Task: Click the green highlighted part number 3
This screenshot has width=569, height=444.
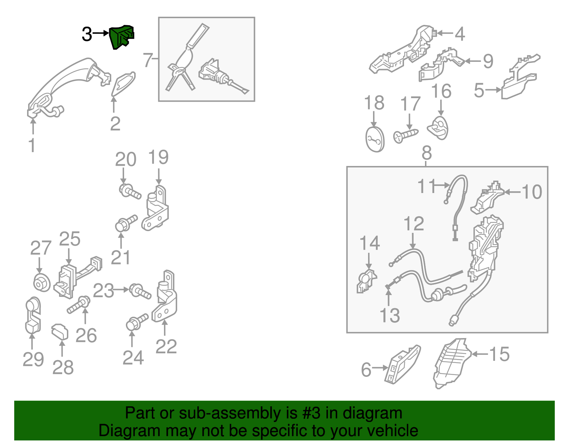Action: pos(121,37)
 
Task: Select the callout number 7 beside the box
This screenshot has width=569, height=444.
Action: pos(148,60)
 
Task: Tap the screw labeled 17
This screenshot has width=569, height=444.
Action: pos(406,135)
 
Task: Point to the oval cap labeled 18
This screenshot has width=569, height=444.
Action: pos(375,139)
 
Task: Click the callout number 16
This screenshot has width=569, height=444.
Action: pos(441,91)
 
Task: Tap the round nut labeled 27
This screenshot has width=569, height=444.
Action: pos(42,283)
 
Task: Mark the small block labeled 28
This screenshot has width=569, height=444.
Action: pos(60,332)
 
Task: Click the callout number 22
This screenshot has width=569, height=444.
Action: pos(166,347)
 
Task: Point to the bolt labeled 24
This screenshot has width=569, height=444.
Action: pos(137,322)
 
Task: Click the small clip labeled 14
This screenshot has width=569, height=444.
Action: pos(366,281)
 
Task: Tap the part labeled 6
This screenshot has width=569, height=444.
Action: pos(403,364)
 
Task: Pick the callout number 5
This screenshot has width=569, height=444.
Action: pos(479,91)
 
